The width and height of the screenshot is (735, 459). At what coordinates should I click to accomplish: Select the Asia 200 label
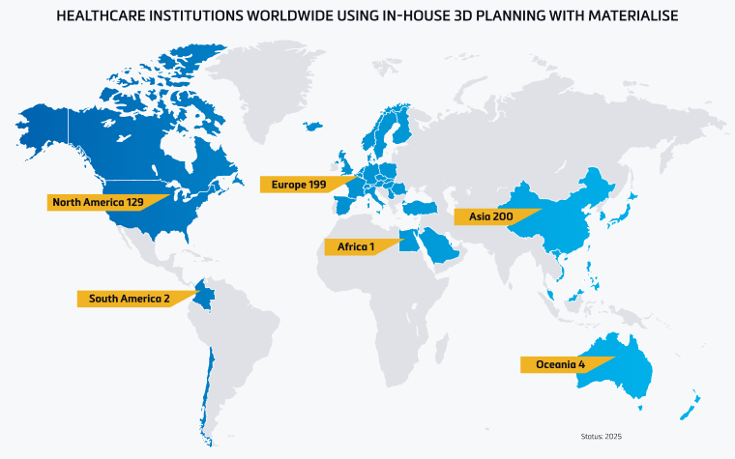[x=490, y=216]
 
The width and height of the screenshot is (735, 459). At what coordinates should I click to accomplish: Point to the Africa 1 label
[x=356, y=247]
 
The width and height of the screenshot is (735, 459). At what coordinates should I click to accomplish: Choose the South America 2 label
[x=129, y=299]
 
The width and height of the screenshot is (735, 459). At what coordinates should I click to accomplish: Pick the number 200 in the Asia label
[x=503, y=216]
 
